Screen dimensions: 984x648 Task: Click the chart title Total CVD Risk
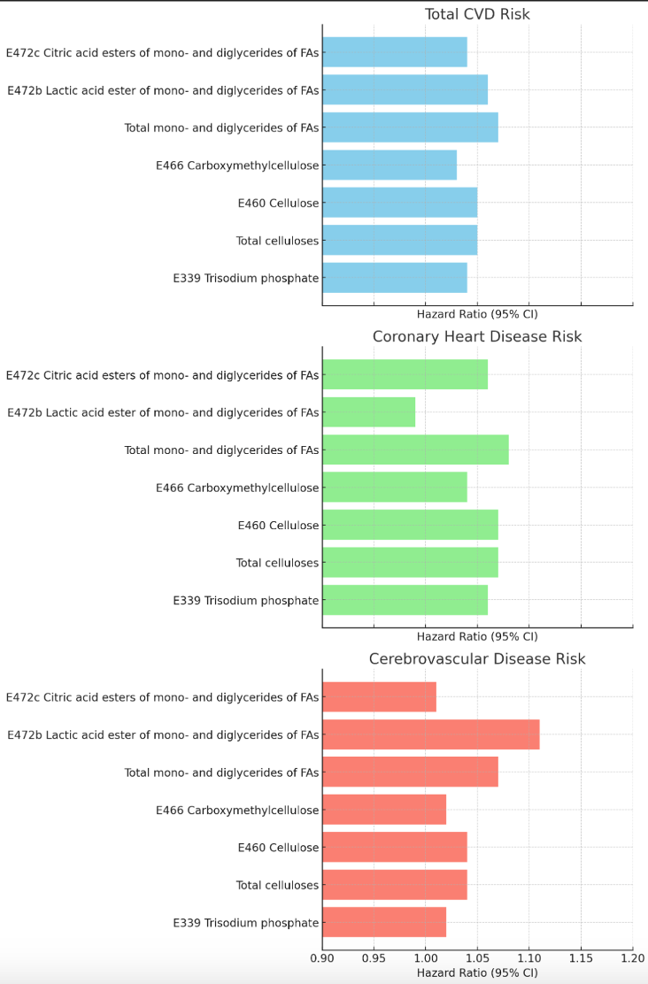click(477, 14)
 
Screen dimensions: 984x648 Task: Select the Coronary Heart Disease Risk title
click(477, 336)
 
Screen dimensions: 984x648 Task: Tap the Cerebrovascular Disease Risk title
click(477, 658)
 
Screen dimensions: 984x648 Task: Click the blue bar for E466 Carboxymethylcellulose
click(390, 165)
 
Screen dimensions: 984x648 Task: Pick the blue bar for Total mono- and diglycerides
click(410, 127)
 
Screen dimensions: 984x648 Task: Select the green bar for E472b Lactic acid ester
click(368, 412)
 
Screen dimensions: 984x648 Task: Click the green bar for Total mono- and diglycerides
click(415, 450)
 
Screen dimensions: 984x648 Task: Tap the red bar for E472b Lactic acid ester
click(430, 734)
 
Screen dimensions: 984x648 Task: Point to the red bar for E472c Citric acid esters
click(379, 697)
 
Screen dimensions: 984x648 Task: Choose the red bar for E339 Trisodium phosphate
click(384, 922)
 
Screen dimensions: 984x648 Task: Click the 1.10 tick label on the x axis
click(528, 957)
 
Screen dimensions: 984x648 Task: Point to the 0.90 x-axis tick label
click(322, 957)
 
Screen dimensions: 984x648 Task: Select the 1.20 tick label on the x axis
click(632, 957)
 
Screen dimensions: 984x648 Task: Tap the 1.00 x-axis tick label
click(426, 957)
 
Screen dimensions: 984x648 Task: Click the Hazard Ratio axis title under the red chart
click(477, 972)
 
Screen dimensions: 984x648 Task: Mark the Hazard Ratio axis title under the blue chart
click(477, 313)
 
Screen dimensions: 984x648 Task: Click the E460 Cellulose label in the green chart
click(278, 526)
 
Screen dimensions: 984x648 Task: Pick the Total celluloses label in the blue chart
click(277, 241)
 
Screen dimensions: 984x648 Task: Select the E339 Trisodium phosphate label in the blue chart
click(246, 278)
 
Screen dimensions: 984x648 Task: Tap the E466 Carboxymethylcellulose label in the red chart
click(237, 810)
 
